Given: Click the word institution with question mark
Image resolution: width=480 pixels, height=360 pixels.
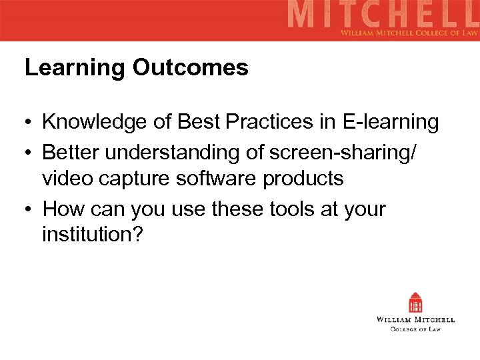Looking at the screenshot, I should tap(92, 236).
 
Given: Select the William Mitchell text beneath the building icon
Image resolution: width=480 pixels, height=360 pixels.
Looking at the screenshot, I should tap(416, 320).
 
